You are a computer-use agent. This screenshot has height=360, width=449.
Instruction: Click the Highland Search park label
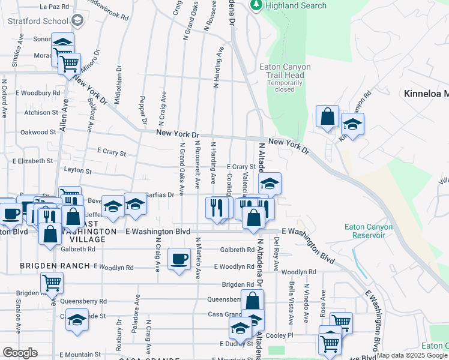(297, 5)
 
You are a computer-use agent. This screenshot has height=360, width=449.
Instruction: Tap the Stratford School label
(38, 21)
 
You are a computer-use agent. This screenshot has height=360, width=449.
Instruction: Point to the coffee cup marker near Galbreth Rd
(179, 260)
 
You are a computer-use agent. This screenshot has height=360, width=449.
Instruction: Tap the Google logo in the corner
(20, 353)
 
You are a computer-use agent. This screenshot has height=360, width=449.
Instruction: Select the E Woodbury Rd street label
(38, 93)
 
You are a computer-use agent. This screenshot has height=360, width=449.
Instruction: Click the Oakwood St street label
(38, 132)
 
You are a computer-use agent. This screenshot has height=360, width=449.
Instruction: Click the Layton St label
(77, 170)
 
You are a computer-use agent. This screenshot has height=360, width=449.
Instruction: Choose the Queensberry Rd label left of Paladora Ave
(85, 301)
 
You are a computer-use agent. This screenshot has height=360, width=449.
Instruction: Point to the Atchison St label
(41, 112)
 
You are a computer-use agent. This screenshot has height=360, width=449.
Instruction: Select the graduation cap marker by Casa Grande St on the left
(77, 320)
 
